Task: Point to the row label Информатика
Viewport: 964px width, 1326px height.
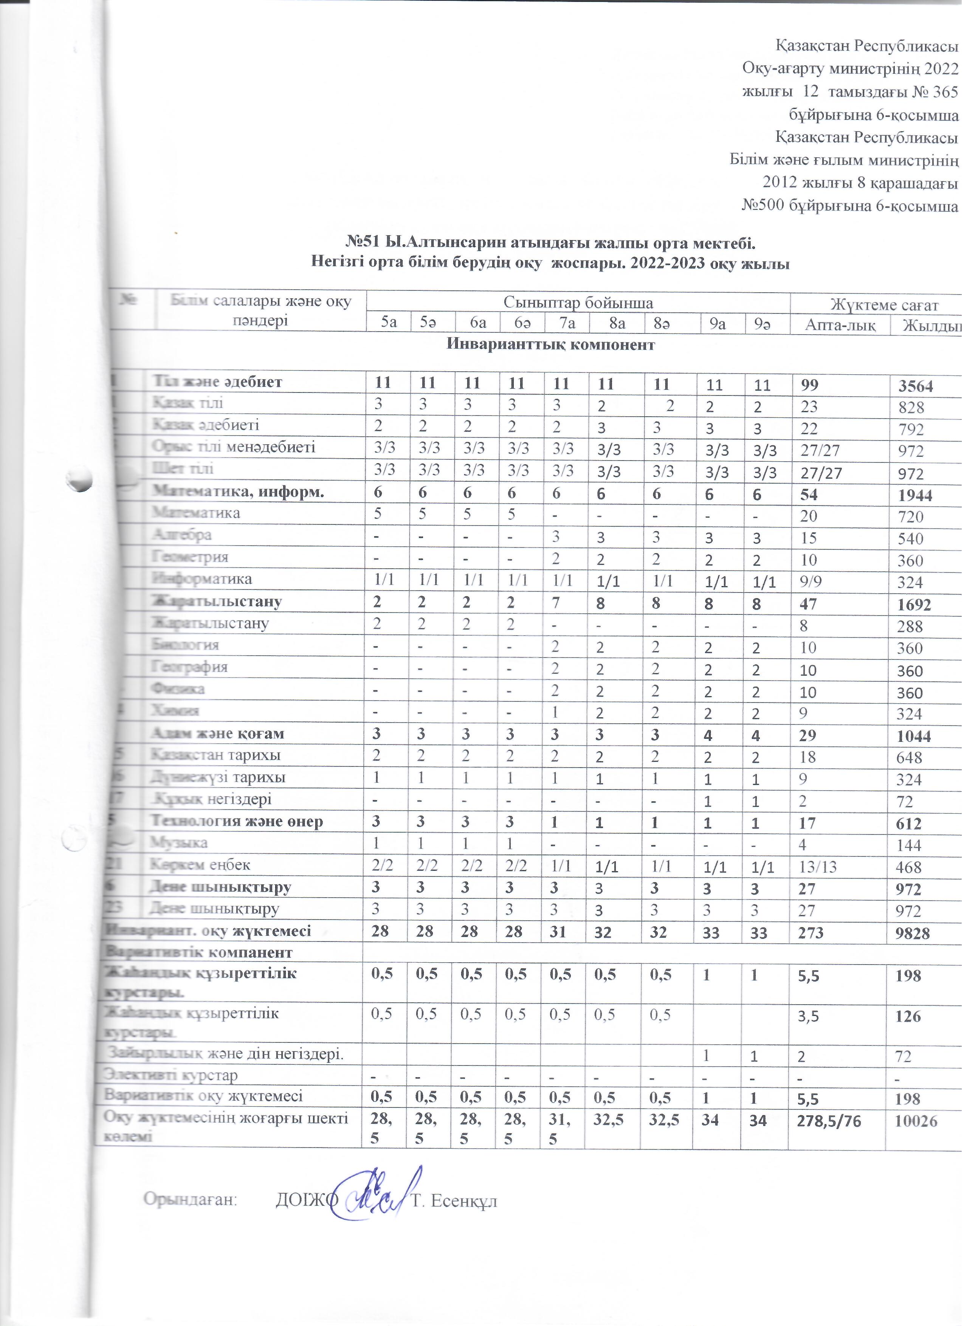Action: pyautogui.click(x=202, y=579)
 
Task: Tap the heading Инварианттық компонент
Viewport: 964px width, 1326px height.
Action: pyautogui.click(x=551, y=344)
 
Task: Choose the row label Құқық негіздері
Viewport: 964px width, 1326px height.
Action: pyautogui.click(x=211, y=800)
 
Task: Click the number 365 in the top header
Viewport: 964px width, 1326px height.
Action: pyautogui.click(x=944, y=92)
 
